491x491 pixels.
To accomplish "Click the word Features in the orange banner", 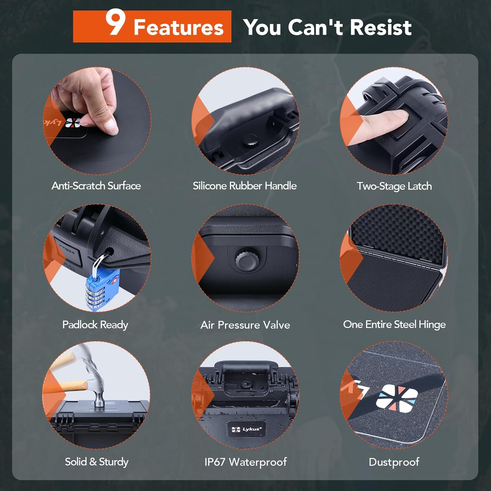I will (178, 27).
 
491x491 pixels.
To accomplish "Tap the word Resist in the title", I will (380, 27).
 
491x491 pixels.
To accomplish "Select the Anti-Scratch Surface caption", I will (96, 186).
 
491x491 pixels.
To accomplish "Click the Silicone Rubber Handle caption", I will (245, 186).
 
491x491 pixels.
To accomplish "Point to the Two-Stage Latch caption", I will (394, 186).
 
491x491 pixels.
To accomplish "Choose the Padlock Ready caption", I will (95, 325).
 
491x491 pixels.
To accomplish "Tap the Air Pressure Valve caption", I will (245, 325).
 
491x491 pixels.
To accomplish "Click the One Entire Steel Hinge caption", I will (394, 324).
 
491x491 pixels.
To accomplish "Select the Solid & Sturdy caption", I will (97, 462).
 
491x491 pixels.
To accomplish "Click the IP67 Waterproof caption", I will (245, 462).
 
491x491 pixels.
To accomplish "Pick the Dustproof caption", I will (394, 462).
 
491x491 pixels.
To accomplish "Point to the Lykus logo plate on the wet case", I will (246, 429).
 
